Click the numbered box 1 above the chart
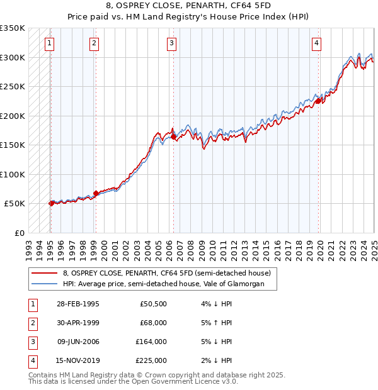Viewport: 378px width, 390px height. pyautogui.click(x=49, y=43)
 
